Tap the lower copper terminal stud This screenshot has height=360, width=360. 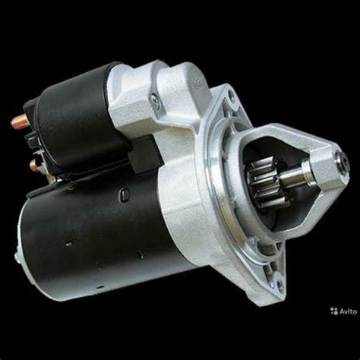pyautogui.click(x=36, y=165)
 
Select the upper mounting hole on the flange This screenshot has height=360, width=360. pyautogui.click(x=231, y=95)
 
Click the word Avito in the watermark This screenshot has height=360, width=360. pyautogui.click(x=348, y=311)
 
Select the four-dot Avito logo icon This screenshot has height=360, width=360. pyautogui.click(x=334, y=311)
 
